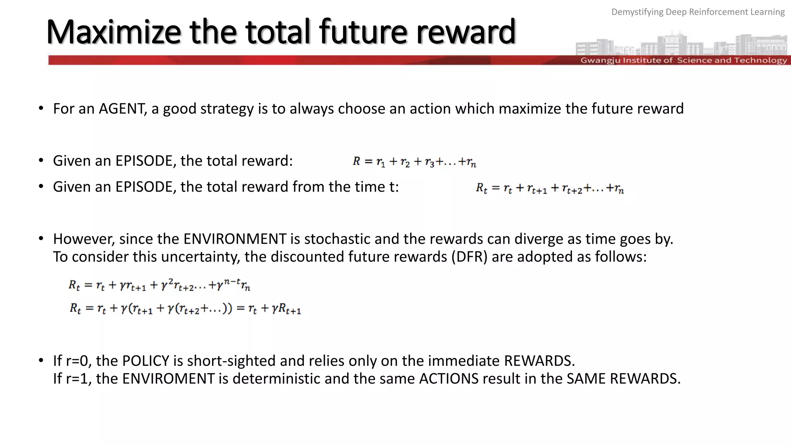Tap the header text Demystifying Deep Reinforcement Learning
tap(698, 12)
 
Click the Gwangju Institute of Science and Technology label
tap(683, 60)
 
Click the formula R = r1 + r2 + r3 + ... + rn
tap(414, 162)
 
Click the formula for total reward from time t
tap(549, 189)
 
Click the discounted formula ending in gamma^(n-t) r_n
tap(159, 285)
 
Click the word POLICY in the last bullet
tap(146, 361)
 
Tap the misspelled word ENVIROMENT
tap(168, 379)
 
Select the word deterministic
tap(276, 379)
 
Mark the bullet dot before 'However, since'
tap(41, 239)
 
